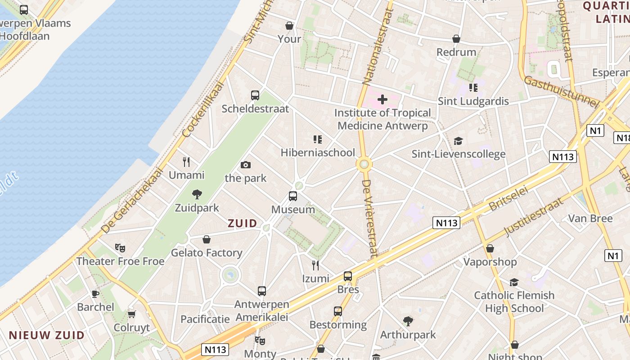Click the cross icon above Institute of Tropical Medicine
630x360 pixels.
pyautogui.click(x=382, y=99)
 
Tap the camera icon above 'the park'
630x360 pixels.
pyautogui.click(x=245, y=165)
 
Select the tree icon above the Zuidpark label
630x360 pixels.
pyautogui.click(x=197, y=194)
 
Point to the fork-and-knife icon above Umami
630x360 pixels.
pyautogui.click(x=186, y=162)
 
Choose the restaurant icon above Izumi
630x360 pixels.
pyautogui.click(x=315, y=265)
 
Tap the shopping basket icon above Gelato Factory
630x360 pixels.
pyautogui.click(x=207, y=239)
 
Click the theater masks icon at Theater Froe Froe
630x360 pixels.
pyautogui.click(x=120, y=247)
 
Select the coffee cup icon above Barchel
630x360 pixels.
pyautogui.click(x=95, y=294)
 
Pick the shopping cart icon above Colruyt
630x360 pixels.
pyautogui.click(x=131, y=314)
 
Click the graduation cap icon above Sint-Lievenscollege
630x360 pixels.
pyautogui.click(x=458, y=141)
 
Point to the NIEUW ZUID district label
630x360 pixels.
pyautogui.click(x=46, y=335)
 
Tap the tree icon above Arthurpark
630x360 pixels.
pyautogui.click(x=408, y=321)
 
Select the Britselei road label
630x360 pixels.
pyautogui.click(x=508, y=198)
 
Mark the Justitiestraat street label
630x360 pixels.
pyautogui.click(x=534, y=217)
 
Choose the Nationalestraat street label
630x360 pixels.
pyautogui.click(x=377, y=46)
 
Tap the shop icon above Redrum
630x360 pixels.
pyautogui.click(x=456, y=39)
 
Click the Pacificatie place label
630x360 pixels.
pyautogui.click(x=205, y=319)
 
